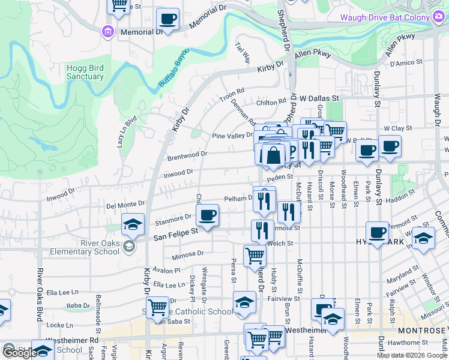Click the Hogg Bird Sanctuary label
coord(85,72)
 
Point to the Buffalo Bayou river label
coord(173,70)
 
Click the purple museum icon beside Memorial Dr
coord(109,31)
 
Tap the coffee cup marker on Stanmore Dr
coord(207,215)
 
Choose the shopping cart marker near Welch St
coord(255,256)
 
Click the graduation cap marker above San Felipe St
coord(133,225)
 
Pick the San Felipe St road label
coord(175,235)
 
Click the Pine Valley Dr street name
coord(233,136)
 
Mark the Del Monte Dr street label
coord(125,204)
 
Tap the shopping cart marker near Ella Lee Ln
coord(158,307)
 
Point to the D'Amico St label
coord(407,63)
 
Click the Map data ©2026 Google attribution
coord(411,355)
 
